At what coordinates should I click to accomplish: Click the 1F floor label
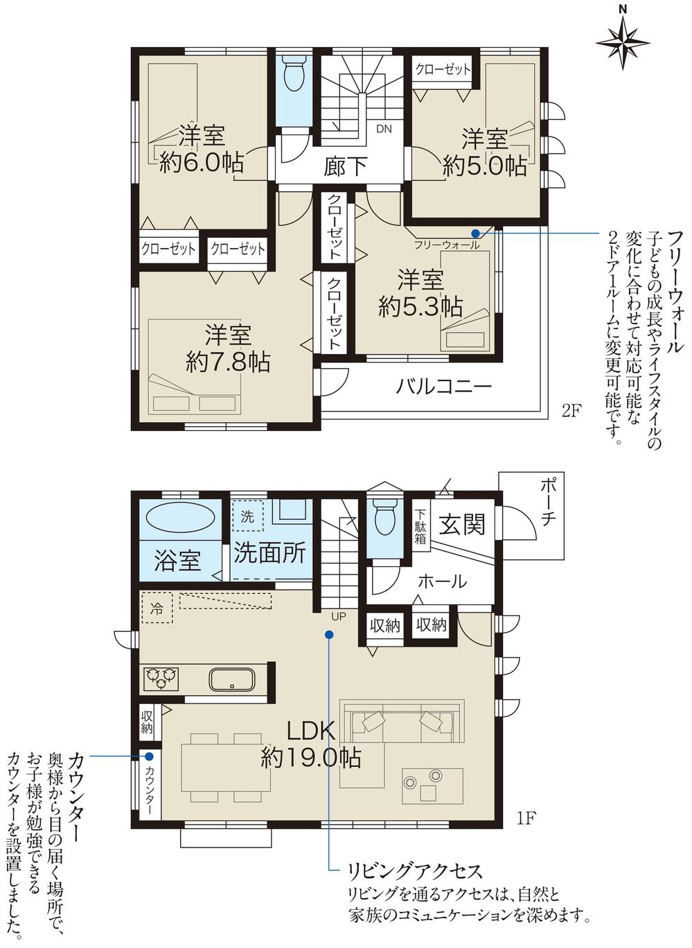[x=526, y=818]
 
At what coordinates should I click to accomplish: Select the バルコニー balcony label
[x=443, y=386]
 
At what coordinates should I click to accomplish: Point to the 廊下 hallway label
[x=345, y=166]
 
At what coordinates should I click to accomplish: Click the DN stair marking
[x=384, y=129]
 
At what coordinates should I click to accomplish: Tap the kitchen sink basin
[x=233, y=678]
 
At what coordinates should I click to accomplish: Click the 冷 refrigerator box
[x=157, y=609]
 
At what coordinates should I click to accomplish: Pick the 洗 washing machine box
[x=247, y=516]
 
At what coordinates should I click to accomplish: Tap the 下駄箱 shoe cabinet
[x=420, y=527]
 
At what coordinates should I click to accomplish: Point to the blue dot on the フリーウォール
[x=475, y=233]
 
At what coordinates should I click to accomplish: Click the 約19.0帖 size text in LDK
[x=310, y=757]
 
